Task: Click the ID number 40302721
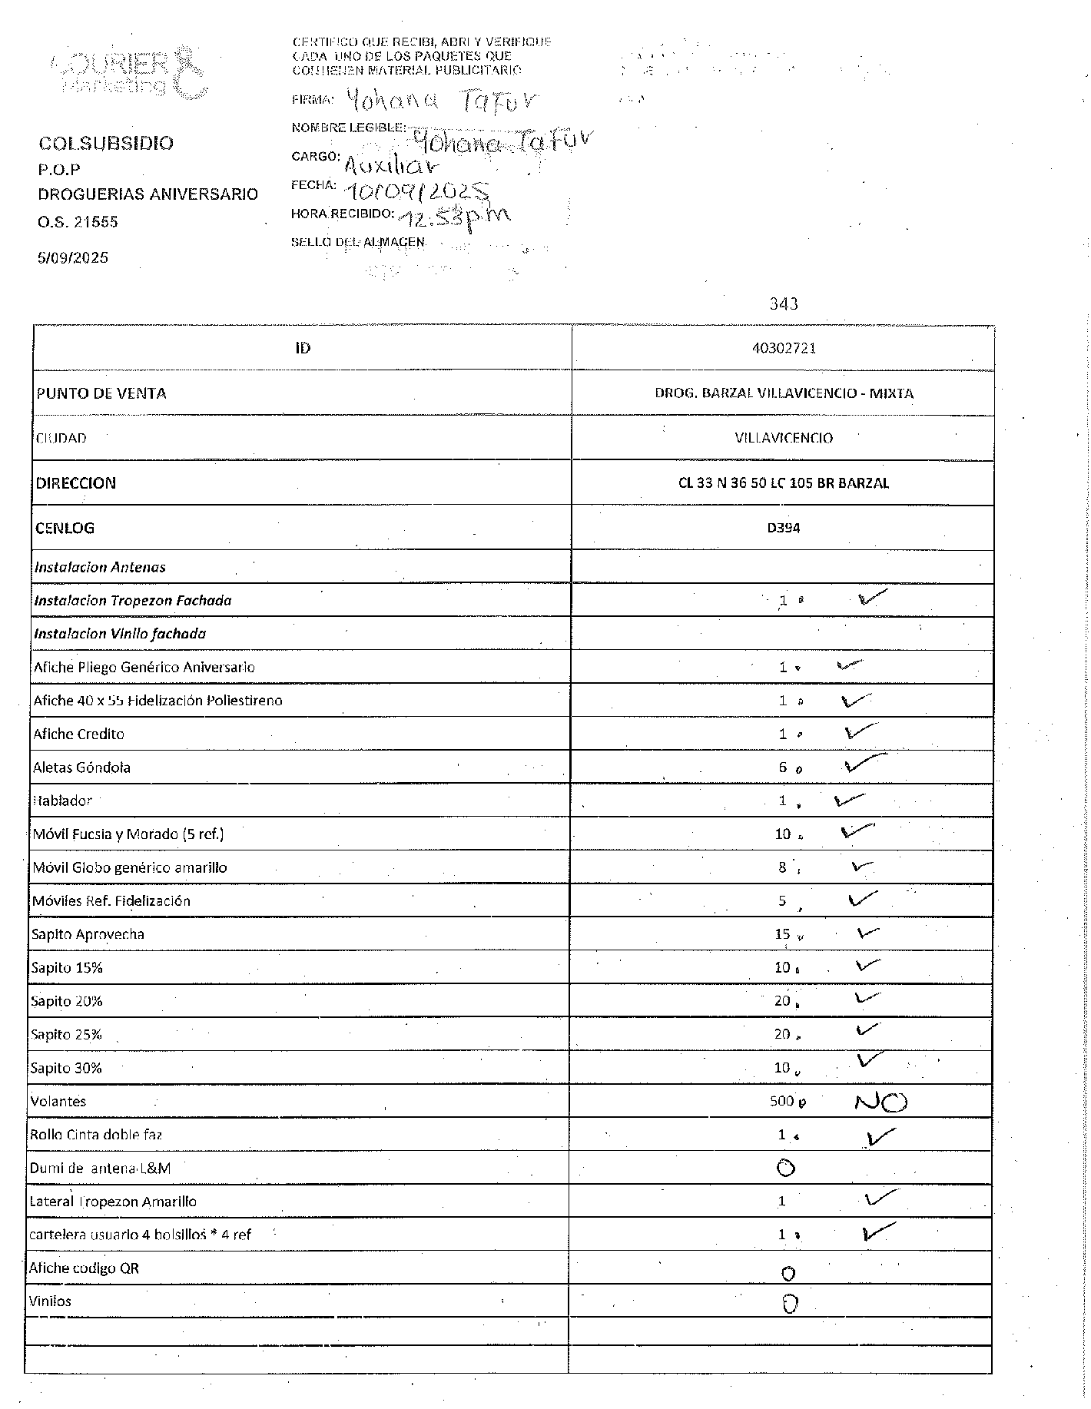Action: click(x=783, y=348)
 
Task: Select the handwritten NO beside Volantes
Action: click(x=880, y=1102)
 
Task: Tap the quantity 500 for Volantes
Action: click(x=781, y=1101)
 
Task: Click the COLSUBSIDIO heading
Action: click(x=106, y=143)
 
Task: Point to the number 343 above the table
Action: click(x=783, y=304)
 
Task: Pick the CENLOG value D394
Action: click(x=783, y=528)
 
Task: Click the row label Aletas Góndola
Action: click(x=81, y=767)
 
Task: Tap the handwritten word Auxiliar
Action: click(x=392, y=164)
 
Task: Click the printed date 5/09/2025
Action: click(x=73, y=257)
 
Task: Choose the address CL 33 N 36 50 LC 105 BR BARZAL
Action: click(x=783, y=483)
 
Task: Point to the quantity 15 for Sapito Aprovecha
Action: click(x=782, y=934)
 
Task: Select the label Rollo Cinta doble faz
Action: click(x=96, y=1135)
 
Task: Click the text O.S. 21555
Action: click(x=78, y=222)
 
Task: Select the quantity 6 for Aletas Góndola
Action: click(x=782, y=767)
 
